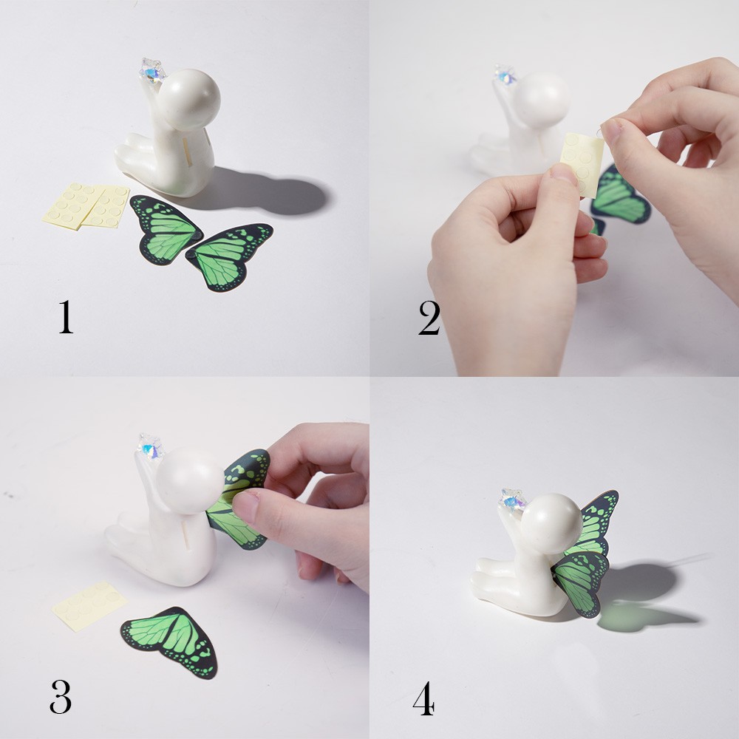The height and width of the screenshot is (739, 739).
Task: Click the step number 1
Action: point(66,316)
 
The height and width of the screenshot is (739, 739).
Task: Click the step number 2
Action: point(429,319)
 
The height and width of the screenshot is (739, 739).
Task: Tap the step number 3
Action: point(61,695)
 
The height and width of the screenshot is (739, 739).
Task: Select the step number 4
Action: point(423,700)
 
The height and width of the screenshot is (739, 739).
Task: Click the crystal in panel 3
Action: point(151,446)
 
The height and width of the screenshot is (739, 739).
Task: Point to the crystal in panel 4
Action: point(512,500)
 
